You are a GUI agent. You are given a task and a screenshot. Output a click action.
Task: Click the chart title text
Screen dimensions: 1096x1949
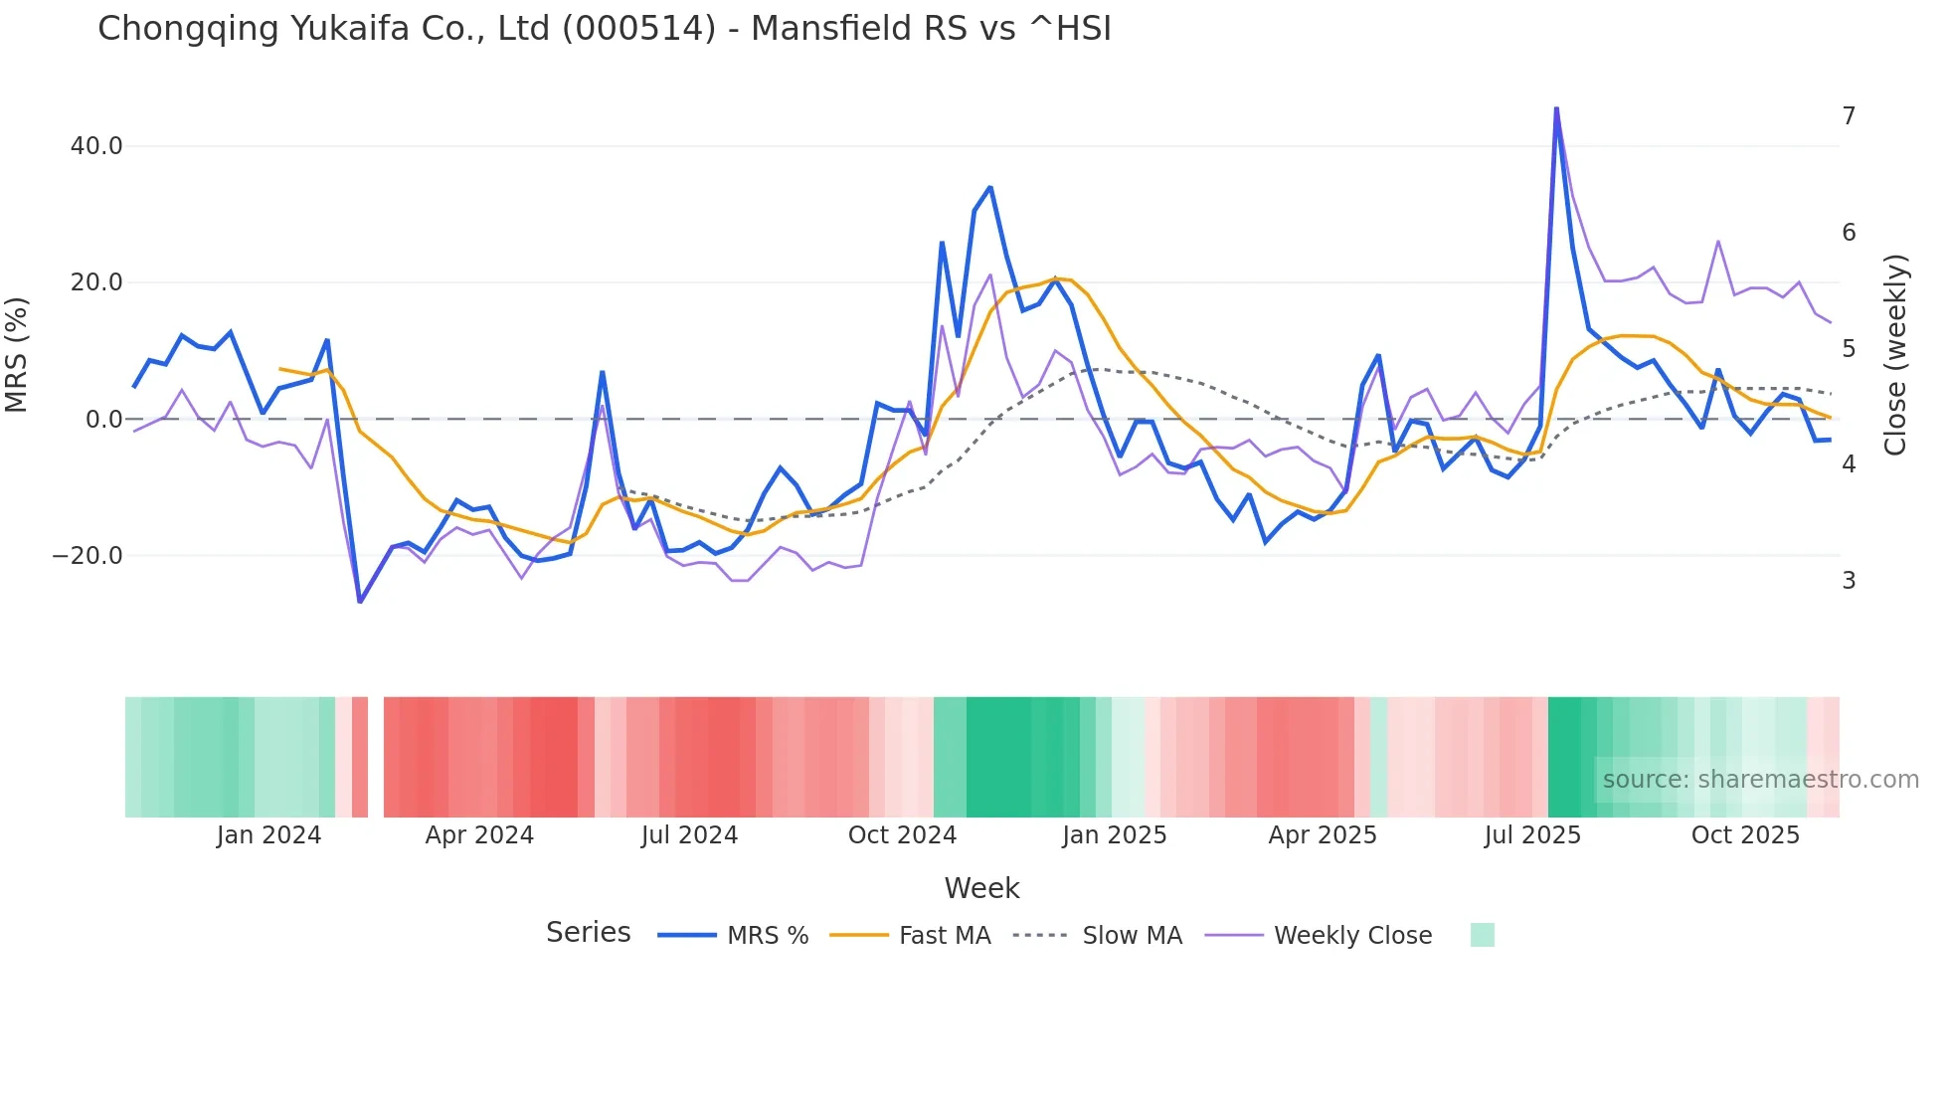(604, 29)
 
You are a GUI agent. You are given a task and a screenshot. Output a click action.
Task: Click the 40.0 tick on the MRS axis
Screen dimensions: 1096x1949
(96, 146)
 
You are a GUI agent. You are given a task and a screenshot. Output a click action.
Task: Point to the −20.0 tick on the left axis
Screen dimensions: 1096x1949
(88, 556)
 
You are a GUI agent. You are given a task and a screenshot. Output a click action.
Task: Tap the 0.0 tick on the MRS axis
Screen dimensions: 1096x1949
(103, 420)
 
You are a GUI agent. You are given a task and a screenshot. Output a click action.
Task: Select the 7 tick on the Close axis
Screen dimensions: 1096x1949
(1849, 116)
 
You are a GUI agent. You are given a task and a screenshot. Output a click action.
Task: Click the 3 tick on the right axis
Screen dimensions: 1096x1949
(1849, 581)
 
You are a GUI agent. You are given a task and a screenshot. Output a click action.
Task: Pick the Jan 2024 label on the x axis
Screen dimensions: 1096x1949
(268, 835)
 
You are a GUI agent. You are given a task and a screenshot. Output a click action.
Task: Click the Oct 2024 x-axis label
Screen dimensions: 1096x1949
(902, 835)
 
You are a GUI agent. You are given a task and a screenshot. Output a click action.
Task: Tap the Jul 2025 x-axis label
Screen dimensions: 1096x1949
(1532, 835)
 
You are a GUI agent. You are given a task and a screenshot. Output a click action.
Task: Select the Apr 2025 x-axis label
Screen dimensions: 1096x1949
(1322, 835)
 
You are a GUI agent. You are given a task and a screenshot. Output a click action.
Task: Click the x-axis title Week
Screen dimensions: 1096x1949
(981, 888)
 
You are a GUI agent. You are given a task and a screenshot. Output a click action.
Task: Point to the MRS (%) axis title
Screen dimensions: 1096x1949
(17, 355)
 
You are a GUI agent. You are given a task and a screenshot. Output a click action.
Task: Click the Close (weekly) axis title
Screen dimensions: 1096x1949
(1895, 355)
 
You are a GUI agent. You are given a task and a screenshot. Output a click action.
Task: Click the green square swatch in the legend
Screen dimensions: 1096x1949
(1482, 935)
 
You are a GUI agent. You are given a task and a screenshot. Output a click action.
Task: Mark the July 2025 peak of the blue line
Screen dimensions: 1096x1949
(1556, 108)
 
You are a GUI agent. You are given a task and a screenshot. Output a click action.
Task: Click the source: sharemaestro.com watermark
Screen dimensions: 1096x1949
(1760, 780)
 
